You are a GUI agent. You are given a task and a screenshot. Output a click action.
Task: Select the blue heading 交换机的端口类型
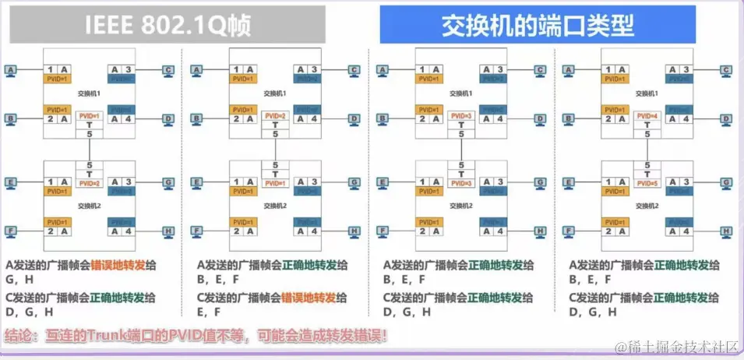coord(537,26)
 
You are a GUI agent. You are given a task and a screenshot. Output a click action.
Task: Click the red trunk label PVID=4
coord(647,116)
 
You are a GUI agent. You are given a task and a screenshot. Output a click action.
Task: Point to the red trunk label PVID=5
coord(647,183)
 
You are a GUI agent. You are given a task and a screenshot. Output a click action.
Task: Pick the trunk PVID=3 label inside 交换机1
coord(461,116)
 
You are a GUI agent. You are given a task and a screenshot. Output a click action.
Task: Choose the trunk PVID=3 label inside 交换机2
coord(461,183)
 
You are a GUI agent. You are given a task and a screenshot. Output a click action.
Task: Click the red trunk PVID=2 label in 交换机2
coord(90,183)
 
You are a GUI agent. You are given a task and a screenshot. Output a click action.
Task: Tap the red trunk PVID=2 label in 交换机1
coord(276,116)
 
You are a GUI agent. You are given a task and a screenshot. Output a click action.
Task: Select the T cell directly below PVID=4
coord(647,125)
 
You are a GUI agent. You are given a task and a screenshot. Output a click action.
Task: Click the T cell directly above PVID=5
coord(647,174)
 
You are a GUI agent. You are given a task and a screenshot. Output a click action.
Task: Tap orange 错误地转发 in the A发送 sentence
coord(118,265)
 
